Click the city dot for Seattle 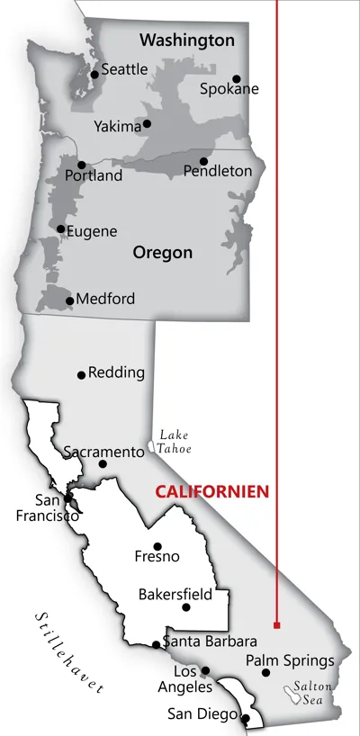coord(94,74)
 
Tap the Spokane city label coord(229,89)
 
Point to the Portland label coord(93,176)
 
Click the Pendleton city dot coord(203,161)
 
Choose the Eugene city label coord(91,231)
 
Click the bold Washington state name coord(186,40)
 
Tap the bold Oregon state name coord(162,253)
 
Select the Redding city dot coord(81,374)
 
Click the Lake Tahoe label coord(175,441)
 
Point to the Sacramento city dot coord(103,464)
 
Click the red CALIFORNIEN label coord(213,492)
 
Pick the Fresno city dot coord(157,546)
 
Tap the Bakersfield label coord(175,594)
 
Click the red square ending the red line coord(276,624)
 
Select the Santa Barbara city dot coord(156,644)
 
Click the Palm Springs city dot coord(265,672)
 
